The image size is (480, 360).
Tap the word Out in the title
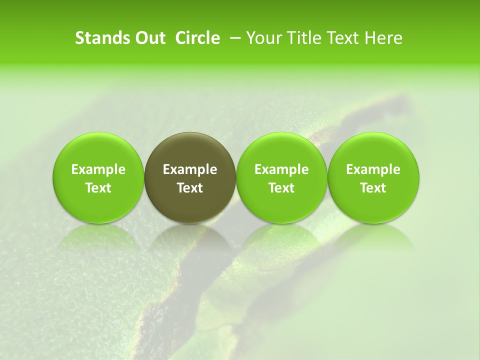[x=148, y=38]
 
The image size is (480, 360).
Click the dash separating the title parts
[x=236, y=38]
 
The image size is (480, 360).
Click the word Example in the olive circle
[x=190, y=169]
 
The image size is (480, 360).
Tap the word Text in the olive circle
[x=190, y=188]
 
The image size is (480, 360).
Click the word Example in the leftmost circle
[x=98, y=169]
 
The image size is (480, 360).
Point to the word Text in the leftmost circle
[x=98, y=188]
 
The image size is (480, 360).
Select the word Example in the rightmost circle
[x=373, y=169]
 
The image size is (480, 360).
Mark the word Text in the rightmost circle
[x=373, y=188]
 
